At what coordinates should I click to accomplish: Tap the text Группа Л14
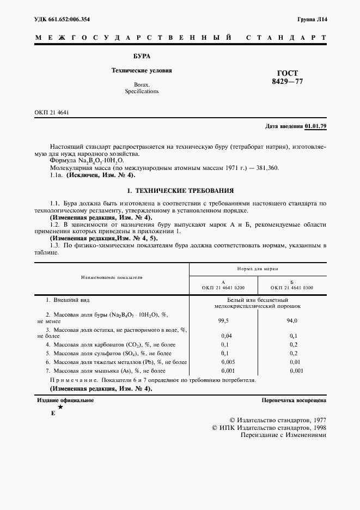(312, 20)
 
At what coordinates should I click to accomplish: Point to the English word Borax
(142, 84)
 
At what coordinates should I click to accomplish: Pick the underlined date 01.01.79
(315, 126)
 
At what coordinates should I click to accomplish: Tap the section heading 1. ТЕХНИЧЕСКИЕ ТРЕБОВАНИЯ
(180, 191)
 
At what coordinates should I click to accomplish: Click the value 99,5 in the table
(223, 321)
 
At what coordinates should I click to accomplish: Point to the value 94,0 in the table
(292, 321)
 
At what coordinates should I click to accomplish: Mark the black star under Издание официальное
(60, 407)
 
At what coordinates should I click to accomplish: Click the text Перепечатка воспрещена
(294, 400)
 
